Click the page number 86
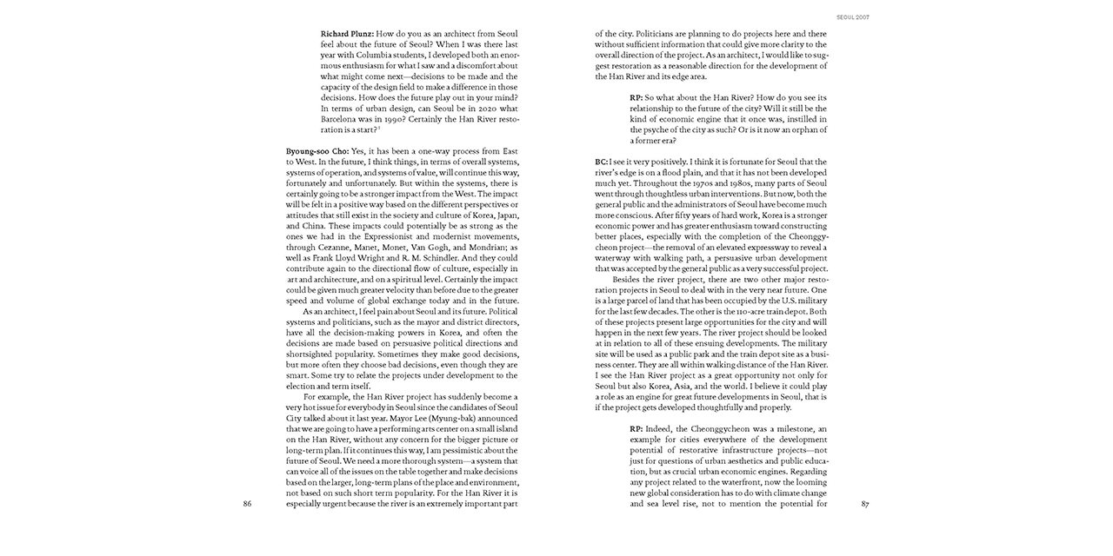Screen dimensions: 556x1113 pyautogui.click(x=248, y=504)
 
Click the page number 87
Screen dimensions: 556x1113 pyautogui.click(x=864, y=504)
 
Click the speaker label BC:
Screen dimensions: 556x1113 pyautogui.click(x=602, y=162)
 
